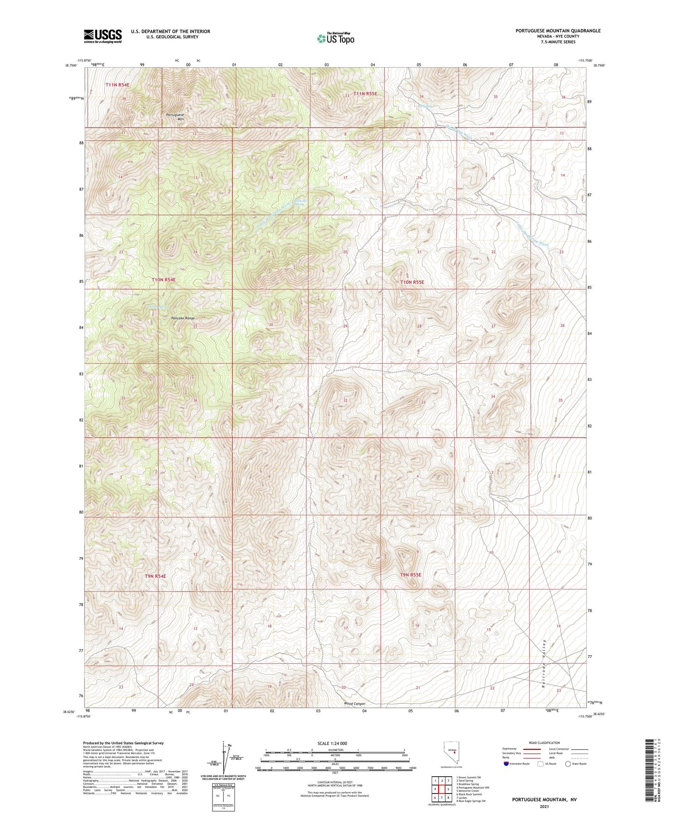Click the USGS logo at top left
click(x=103, y=36)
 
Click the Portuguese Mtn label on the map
click(x=175, y=117)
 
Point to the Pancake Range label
click(x=183, y=318)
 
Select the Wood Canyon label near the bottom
click(x=354, y=704)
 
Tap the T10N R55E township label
click(x=412, y=282)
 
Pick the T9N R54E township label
click(x=155, y=576)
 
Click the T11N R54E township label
click(x=117, y=85)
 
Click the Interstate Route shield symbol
click(x=507, y=764)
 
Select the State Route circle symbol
click(x=568, y=764)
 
